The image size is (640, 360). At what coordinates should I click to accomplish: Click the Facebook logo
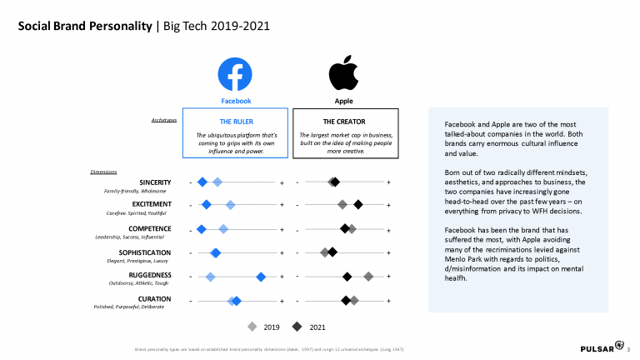click(x=235, y=73)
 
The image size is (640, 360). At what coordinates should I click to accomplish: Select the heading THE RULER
click(x=236, y=121)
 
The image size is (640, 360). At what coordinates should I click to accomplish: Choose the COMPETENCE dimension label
click(x=149, y=228)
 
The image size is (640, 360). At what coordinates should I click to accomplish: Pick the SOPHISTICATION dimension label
click(x=144, y=252)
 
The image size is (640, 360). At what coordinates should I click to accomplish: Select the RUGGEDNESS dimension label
click(x=150, y=275)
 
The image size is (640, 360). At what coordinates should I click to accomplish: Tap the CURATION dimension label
click(x=154, y=298)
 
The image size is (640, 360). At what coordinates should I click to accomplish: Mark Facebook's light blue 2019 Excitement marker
click(x=231, y=205)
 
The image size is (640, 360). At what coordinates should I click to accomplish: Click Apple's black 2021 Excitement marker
click(x=358, y=205)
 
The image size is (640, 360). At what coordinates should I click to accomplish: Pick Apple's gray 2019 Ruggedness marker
click(x=368, y=276)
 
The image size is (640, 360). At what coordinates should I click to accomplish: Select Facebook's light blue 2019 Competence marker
click(x=222, y=228)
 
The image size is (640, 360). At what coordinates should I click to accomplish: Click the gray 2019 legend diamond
click(x=252, y=327)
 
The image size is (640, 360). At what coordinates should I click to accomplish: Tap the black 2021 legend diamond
click(x=297, y=327)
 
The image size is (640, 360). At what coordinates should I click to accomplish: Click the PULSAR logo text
click(x=595, y=347)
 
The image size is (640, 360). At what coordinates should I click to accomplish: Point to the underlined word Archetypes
click(x=162, y=120)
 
